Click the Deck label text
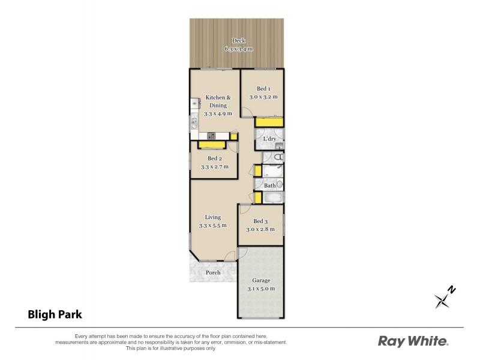coord(214,40)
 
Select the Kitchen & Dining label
coord(217,101)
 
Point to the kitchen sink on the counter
coord(194,103)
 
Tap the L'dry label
coord(269,139)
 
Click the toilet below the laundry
coord(279,158)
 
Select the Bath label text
coord(269,186)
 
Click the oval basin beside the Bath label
coord(280,185)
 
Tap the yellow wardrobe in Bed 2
coord(211,145)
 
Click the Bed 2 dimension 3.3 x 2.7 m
coord(214,167)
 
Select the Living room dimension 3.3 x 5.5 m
coord(212,226)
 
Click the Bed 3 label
coord(260,221)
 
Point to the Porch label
coord(212,272)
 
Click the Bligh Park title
coord(54,313)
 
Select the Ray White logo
coord(413,341)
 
